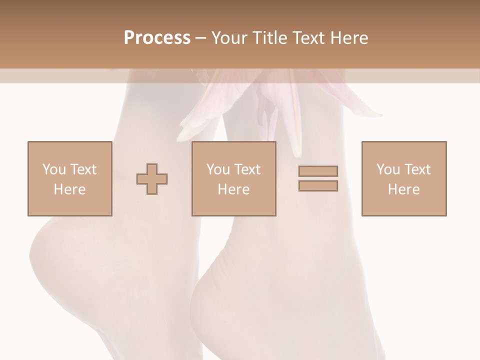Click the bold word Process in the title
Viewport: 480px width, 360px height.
click(157, 38)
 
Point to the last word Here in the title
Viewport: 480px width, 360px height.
click(350, 38)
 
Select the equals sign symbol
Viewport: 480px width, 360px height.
click(318, 178)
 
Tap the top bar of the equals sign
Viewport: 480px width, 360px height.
click(318, 171)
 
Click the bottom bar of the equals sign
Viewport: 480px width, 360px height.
click(318, 186)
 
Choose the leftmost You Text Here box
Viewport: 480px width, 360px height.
click(70, 178)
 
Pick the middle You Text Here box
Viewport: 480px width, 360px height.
click(234, 178)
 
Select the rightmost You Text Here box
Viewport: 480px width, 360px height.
click(404, 178)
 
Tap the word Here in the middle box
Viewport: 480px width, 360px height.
click(234, 189)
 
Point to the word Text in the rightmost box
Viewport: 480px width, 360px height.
click(417, 169)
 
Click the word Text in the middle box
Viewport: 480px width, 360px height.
click(247, 169)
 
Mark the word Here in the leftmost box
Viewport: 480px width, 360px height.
click(70, 189)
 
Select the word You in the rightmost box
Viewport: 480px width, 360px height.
click(388, 169)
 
